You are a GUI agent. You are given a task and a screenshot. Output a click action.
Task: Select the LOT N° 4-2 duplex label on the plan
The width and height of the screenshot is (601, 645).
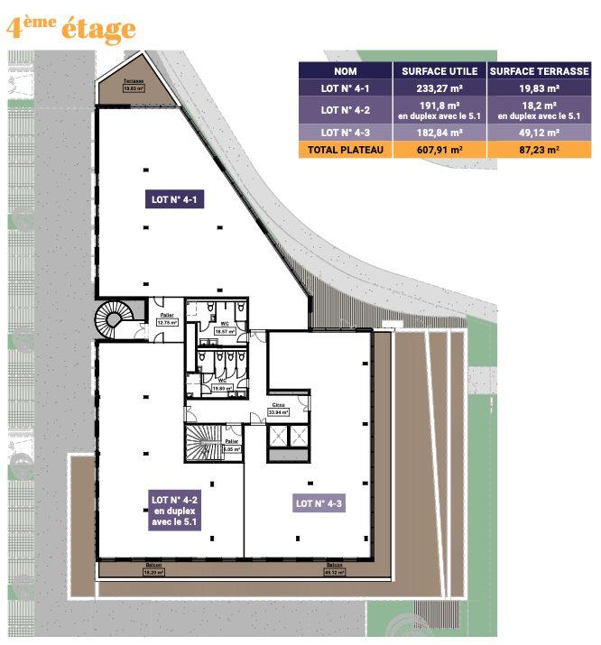(175, 510)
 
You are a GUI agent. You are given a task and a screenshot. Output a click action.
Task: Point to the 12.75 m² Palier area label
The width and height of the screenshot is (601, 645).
(168, 318)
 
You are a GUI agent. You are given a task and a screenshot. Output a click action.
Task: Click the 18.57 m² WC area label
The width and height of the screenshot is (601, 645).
(225, 328)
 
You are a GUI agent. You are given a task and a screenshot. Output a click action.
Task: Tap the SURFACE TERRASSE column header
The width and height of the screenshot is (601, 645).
(540, 70)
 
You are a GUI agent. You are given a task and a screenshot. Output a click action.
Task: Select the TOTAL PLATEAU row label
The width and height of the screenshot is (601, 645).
(345, 151)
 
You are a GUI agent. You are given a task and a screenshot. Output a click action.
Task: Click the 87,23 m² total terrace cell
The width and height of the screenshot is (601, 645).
(540, 151)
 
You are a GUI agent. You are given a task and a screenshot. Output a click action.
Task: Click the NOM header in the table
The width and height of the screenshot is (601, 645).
(345, 70)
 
